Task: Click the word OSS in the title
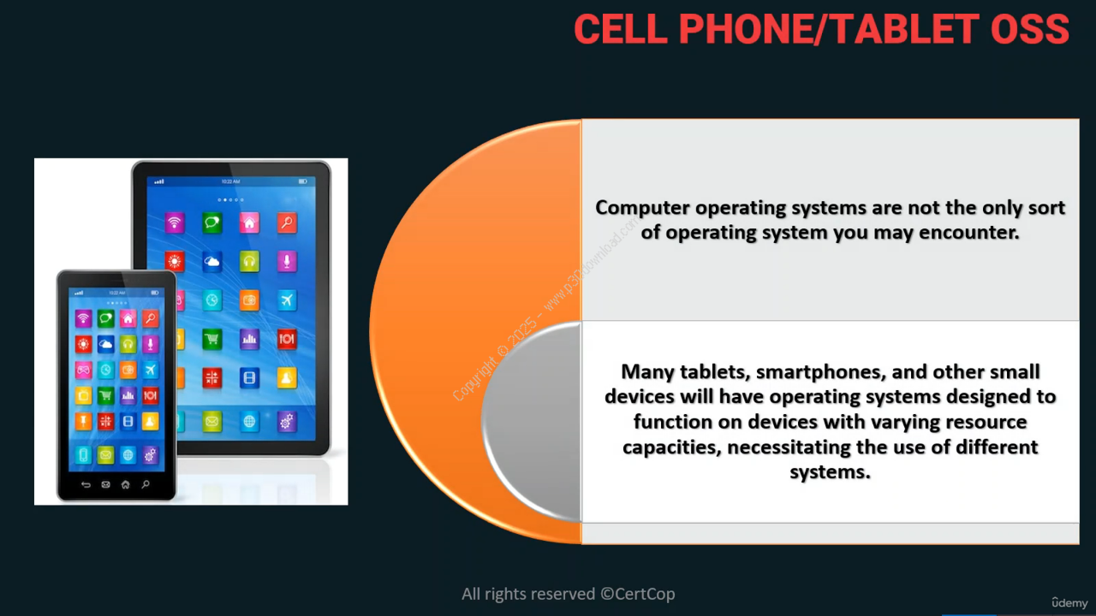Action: click(x=1030, y=29)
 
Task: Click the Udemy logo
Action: click(x=1069, y=603)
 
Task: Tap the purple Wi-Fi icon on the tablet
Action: click(x=175, y=223)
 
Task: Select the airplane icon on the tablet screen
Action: click(x=287, y=299)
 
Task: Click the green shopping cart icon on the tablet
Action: click(x=211, y=339)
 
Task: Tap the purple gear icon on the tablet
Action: click(x=287, y=421)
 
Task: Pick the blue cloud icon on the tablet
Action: click(x=211, y=262)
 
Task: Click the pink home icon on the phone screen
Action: click(x=128, y=319)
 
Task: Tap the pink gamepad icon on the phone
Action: click(x=83, y=370)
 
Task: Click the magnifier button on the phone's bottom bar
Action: click(x=146, y=484)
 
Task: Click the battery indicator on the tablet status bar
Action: click(x=303, y=181)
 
